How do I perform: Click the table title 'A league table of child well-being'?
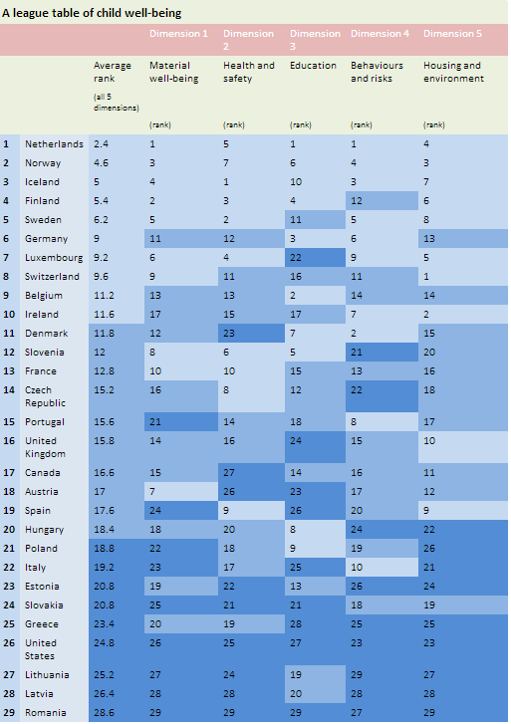(x=92, y=13)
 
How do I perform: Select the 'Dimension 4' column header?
(x=380, y=33)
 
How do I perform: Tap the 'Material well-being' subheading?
(x=173, y=72)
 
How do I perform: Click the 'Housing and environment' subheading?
(x=453, y=72)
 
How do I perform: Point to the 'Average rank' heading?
(x=113, y=72)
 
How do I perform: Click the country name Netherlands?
(x=54, y=144)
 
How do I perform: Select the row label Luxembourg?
(x=54, y=258)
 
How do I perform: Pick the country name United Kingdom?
(x=45, y=447)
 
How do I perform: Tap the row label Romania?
(x=45, y=712)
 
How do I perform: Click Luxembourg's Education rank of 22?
(x=296, y=258)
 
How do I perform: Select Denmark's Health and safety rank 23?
(x=229, y=334)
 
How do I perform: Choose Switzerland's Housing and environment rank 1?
(x=426, y=277)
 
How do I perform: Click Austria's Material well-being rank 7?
(x=152, y=492)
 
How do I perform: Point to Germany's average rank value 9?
(x=97, y=239)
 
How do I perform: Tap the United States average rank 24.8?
(x=104, y=643)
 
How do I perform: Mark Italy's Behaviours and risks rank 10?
(x=357, y=568)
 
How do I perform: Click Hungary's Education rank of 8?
(x=293, y=530)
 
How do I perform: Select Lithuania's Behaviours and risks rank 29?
(x=357, y=675)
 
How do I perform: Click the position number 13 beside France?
(x=9, y=371)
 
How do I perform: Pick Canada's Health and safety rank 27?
(x=229, y=473)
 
